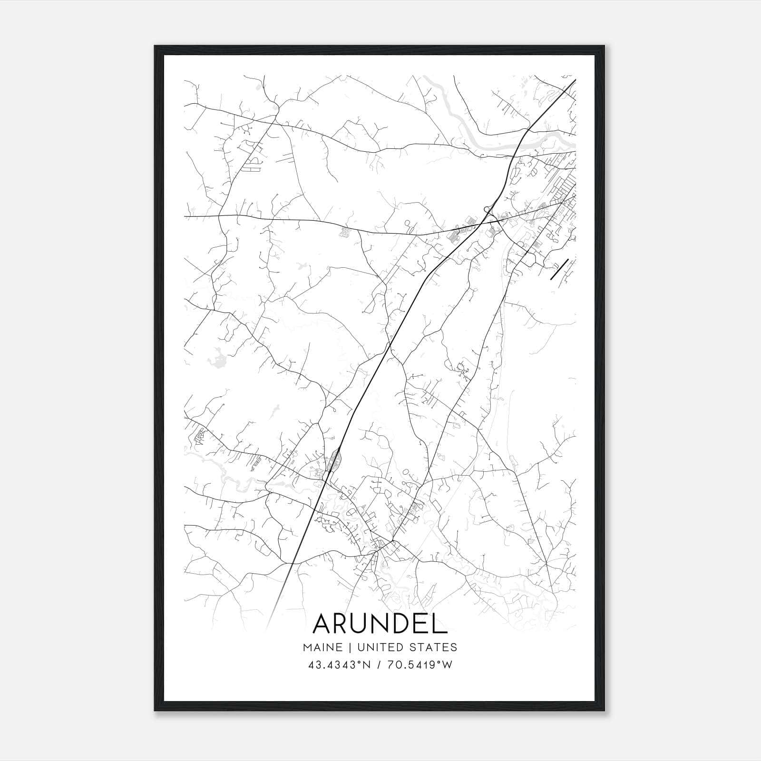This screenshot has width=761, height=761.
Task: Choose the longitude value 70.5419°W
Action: pos(420,664)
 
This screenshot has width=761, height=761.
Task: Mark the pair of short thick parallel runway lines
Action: pos(559,269)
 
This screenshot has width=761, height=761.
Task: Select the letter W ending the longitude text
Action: pos(447,664)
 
